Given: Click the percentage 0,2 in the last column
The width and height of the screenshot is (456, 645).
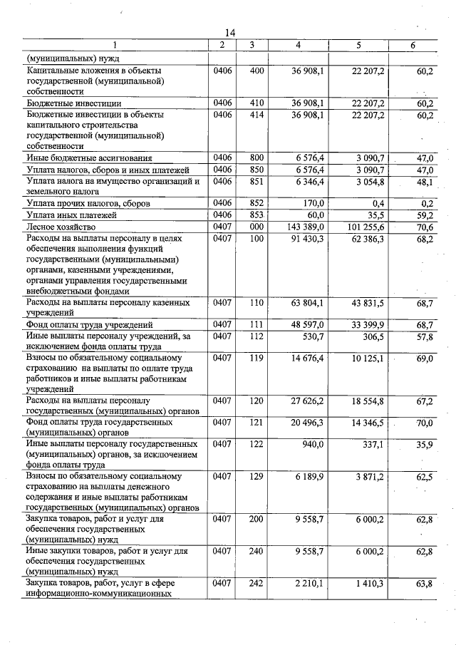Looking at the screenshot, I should [x=426, y=203].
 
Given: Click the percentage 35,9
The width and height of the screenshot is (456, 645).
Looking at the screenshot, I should [x=425, y=445].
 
